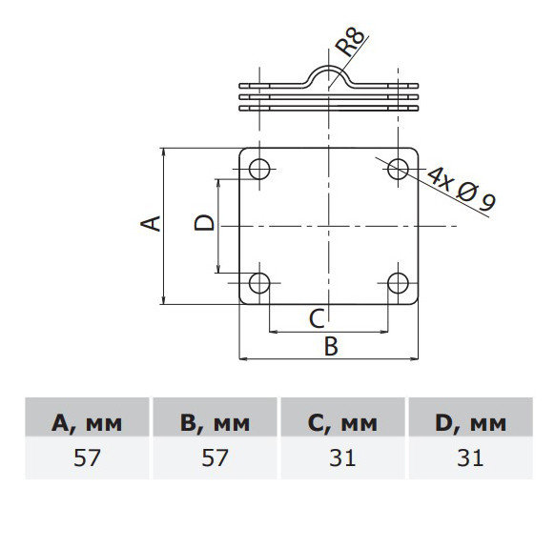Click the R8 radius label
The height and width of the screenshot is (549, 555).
click(x=350, y=43)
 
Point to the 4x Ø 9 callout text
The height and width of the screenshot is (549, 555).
click(x=461, y=189)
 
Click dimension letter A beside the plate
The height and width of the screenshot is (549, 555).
click(x=151, y=224)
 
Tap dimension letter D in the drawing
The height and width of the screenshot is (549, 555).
click(x=204, y=223)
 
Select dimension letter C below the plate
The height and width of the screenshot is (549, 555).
click(x=317, y=318)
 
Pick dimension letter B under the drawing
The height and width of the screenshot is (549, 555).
click(x=331, y=346)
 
